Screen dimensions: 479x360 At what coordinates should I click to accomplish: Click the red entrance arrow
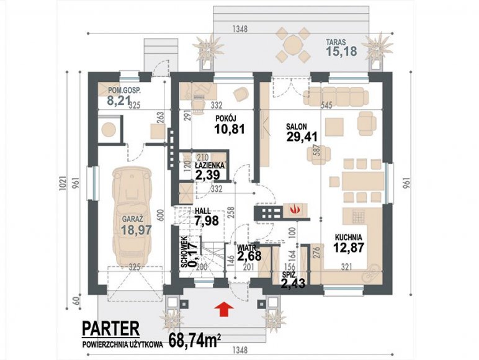(x=224, y=308)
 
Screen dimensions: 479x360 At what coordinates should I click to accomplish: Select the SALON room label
(x=297, y=127)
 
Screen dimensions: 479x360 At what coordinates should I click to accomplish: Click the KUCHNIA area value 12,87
(x=349, y=247)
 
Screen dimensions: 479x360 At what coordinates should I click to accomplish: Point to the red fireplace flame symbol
(x=293, y=209)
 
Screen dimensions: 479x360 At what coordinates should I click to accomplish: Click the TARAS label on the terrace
(x=336, y=42)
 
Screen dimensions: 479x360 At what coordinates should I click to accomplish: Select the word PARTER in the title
(x=110, y=328)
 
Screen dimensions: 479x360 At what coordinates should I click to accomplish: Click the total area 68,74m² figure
(x=195, y=340)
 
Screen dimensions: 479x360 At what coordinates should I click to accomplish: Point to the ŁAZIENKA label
(x=210, y=165)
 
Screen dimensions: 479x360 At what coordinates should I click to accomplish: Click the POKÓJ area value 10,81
(x=230, y=129)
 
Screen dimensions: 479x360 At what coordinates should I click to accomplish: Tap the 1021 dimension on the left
(x=62, y=182)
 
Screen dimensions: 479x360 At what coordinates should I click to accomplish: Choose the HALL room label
(x=202, y=211)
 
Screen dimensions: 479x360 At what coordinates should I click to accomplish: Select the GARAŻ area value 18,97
(x=137, y=230)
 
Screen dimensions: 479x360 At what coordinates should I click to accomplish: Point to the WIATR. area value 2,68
(x=249, y=256)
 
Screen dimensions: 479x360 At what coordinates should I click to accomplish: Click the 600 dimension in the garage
(x=161, y=215)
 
